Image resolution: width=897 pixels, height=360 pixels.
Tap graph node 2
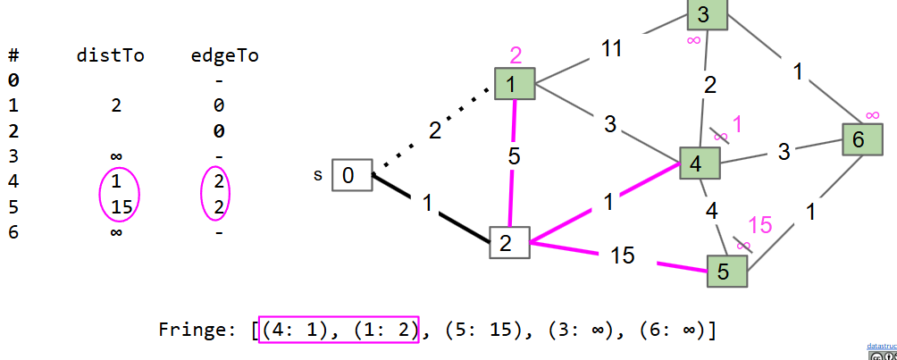pos(509,243)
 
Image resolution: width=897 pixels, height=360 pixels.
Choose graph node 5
pos(727,271)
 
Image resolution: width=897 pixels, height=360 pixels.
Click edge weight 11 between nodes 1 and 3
pos(610,49)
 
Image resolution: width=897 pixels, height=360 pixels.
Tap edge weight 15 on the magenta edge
pos(623,256)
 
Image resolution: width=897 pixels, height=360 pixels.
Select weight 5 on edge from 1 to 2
pos(514,155)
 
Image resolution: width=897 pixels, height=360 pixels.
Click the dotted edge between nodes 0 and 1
pos(433,130)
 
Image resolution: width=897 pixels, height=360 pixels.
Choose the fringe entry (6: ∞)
pos(673,331)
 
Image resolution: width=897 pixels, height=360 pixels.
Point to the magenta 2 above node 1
pos(516,56)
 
